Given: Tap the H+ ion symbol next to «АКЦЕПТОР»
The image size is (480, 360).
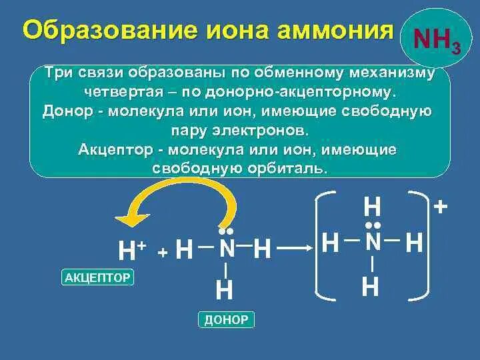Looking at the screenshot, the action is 131,251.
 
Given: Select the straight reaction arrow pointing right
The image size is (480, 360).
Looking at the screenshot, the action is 296,249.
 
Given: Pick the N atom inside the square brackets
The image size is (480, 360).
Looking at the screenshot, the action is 373,243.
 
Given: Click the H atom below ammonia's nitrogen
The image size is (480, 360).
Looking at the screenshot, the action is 225,291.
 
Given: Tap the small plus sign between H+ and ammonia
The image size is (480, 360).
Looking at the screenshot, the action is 162,253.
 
